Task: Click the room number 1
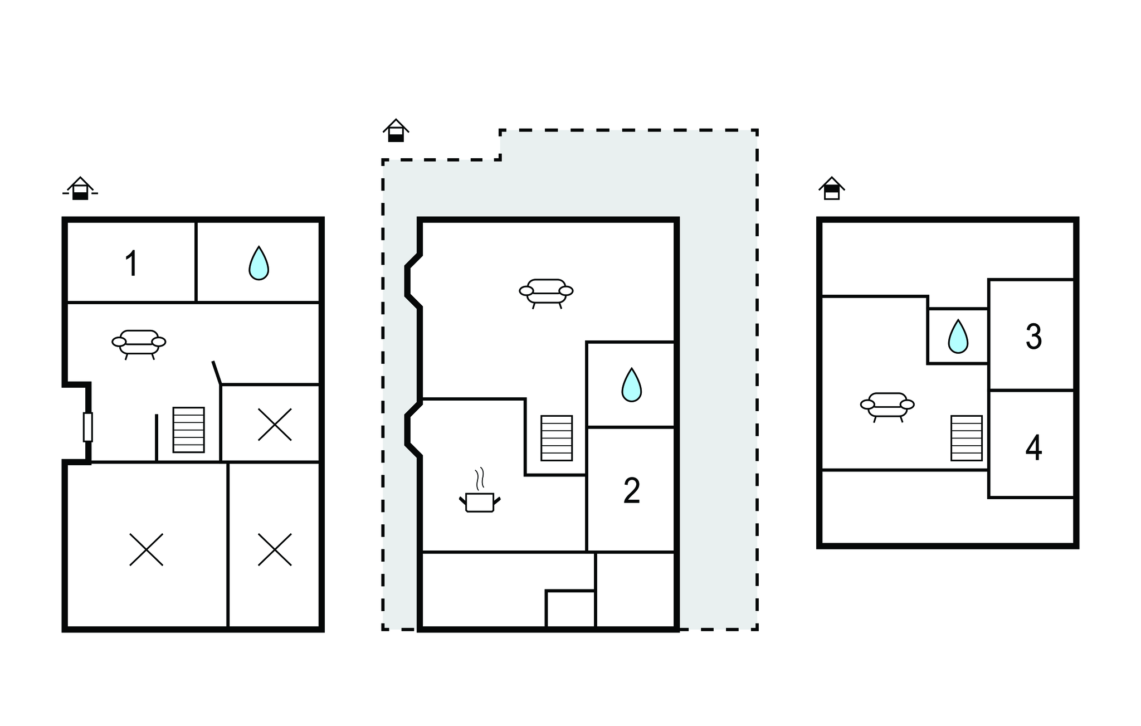131,264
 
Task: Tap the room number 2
632,491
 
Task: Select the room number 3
1033,337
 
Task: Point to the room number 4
1033,449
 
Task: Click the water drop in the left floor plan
259,263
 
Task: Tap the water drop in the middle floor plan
631,384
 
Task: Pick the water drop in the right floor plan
958,336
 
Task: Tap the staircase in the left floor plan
189,430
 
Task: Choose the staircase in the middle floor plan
557,438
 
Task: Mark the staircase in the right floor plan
967,438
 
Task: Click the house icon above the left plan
80,188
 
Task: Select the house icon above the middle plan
396,130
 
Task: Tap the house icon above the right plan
832,188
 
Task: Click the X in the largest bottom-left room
147,549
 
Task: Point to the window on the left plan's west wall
87,427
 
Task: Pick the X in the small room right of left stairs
275,425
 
